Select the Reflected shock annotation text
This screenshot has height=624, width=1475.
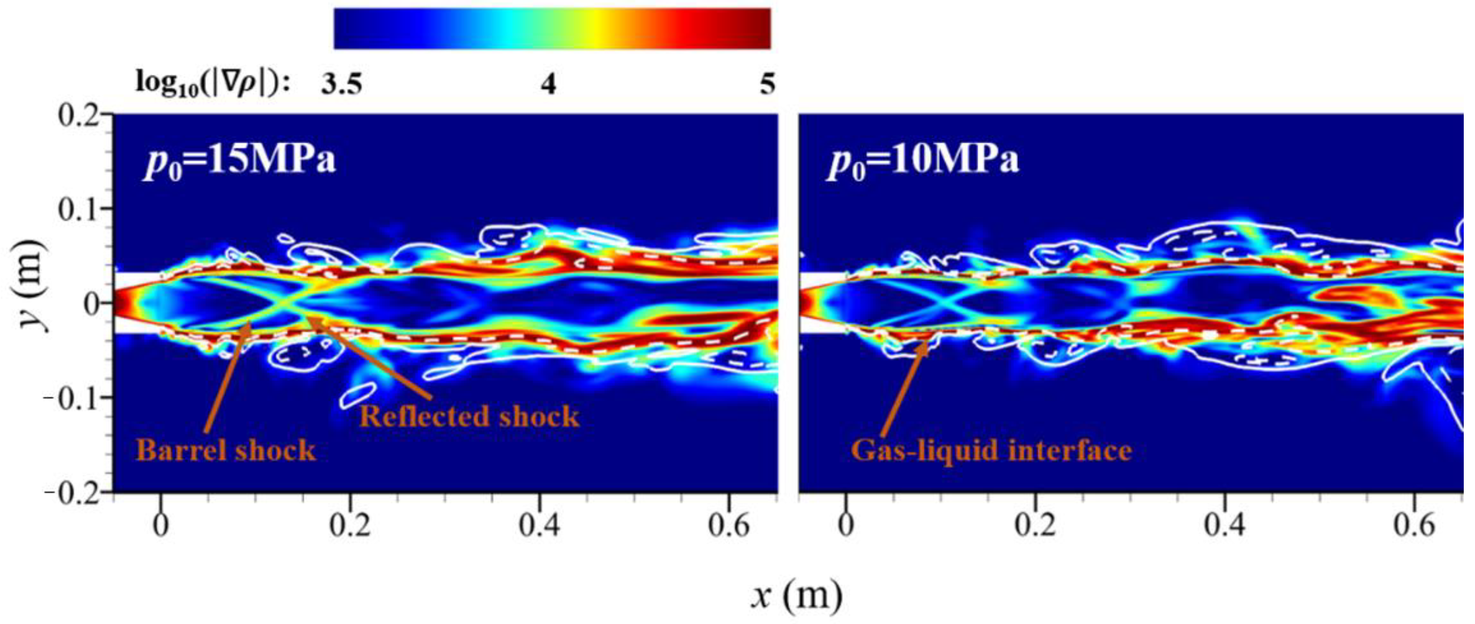469,416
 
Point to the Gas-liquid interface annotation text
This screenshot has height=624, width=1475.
991,450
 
